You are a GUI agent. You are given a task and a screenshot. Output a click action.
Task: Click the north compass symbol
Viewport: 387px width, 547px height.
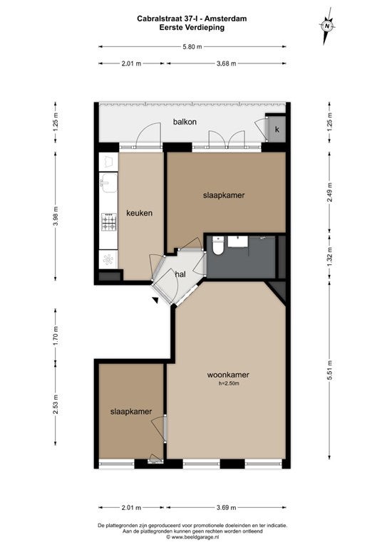coord(326,26)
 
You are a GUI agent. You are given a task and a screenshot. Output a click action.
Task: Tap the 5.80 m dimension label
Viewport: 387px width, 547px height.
coord(192,47)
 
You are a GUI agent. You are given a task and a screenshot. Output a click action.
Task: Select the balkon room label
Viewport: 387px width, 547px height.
coord(185,122)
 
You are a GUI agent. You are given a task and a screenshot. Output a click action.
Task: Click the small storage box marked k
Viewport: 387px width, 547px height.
coord(277,129)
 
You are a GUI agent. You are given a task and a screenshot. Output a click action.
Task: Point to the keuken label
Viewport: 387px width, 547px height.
coord(139,213)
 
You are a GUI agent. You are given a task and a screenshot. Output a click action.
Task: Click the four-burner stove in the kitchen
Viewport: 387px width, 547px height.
coord(108,222)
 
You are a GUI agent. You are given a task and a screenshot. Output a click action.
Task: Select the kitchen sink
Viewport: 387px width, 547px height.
coord(108,182)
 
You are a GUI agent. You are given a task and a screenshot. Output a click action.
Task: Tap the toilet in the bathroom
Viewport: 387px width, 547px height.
coord(218,246)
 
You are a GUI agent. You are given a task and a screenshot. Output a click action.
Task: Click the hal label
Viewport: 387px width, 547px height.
coord(180,274)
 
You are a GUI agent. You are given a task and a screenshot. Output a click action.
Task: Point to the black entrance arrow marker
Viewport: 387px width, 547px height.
coord(155,300)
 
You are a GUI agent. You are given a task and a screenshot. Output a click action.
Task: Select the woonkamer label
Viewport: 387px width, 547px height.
coord(228,375)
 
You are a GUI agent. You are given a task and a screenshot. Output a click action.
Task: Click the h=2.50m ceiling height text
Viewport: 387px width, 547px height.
coord(229,383)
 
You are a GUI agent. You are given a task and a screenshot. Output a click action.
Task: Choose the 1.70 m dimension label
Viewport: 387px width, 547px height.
coord(56,335)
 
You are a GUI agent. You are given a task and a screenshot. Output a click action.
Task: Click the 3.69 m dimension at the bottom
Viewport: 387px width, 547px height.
coord(226,507)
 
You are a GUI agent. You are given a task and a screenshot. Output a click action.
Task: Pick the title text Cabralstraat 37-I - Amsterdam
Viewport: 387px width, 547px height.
coord(192,19)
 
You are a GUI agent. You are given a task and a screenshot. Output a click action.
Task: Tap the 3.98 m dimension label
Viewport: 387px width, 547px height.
coord(56,217)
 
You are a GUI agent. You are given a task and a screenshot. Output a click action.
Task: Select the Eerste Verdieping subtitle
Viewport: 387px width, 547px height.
coord(192,28)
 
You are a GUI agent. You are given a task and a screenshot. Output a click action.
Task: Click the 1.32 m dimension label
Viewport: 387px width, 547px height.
coord(329,256)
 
